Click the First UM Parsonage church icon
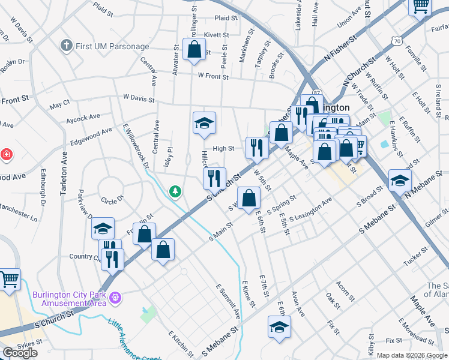[67, 46]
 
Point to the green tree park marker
[175, 191]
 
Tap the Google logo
[20, 353]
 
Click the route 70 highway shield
[396, 41]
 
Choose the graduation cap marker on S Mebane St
[279, 326]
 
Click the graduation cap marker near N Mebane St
[400, 179]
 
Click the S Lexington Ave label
[310, 214]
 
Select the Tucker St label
[415, 254]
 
